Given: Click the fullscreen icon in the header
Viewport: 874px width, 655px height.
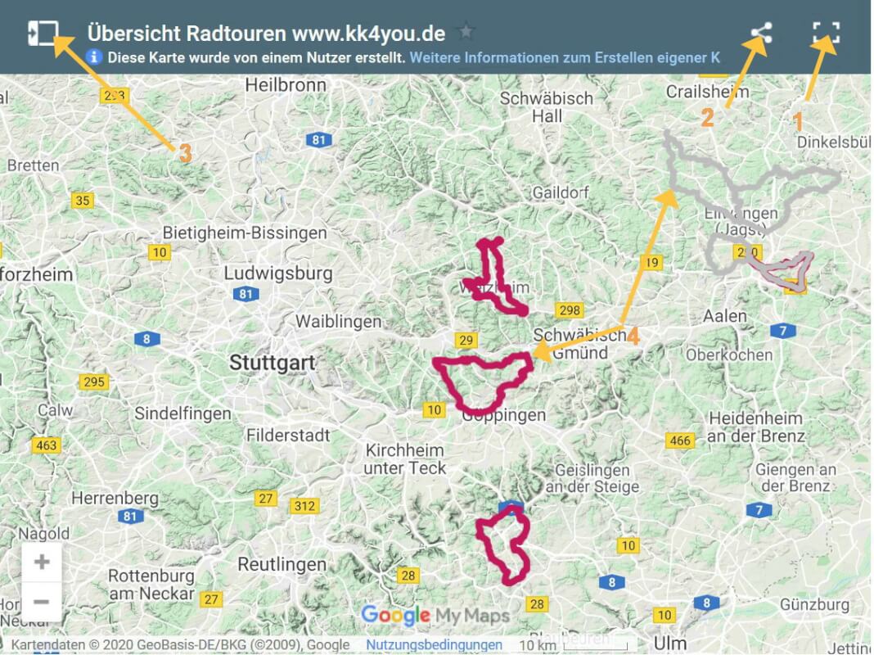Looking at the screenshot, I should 826,33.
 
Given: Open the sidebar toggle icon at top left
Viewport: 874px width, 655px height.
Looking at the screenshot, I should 43,33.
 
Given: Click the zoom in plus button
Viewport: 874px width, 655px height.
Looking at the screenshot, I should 42,562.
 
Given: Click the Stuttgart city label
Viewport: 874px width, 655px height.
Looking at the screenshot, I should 273,362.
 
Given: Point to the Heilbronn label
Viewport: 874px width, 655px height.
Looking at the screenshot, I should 281,84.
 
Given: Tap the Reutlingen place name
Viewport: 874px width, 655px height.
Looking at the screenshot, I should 282,565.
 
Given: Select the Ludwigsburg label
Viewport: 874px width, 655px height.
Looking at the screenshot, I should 278,273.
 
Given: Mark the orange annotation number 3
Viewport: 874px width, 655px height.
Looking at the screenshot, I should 185,152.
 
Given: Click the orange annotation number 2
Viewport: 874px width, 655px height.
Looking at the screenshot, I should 707,118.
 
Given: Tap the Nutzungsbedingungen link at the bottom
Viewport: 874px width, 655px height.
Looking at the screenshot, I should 434,645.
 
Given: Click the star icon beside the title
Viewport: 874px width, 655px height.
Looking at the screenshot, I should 466,33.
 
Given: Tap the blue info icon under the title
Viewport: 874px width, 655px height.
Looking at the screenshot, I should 95,57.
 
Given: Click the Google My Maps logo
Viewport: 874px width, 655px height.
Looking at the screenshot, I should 435,616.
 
